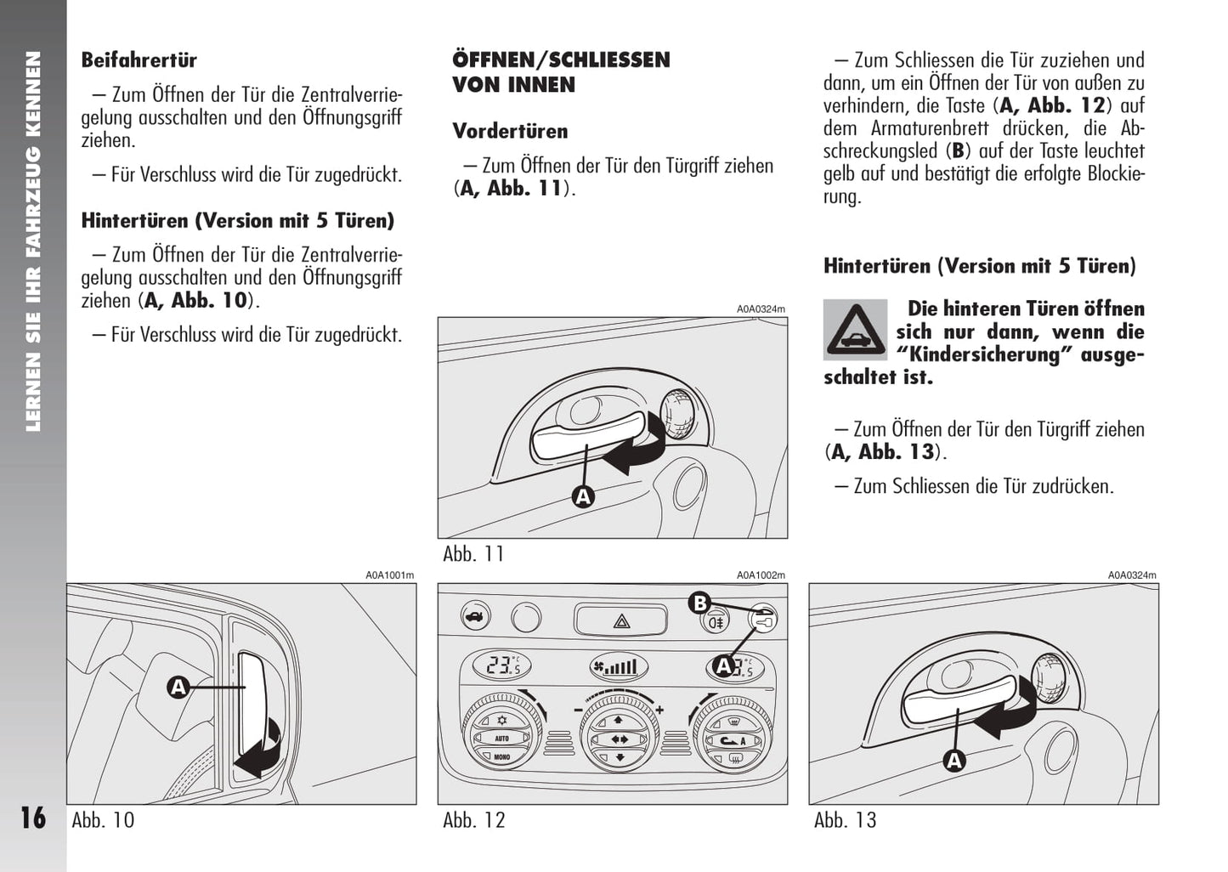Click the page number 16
point(33,818)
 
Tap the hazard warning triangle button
point(621,619)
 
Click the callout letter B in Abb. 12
point(699,603)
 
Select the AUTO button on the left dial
point(501,739)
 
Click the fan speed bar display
point(614,666)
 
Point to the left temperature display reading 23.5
point(502,665)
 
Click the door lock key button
point(762,620)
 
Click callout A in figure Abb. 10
point(178,687)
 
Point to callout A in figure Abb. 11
point(583,496)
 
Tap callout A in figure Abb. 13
point(954,761)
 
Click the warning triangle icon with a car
point(854,330)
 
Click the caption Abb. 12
point(474,820)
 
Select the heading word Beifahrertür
point(139,60)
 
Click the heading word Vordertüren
point(510,131)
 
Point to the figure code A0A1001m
point(390,575)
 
